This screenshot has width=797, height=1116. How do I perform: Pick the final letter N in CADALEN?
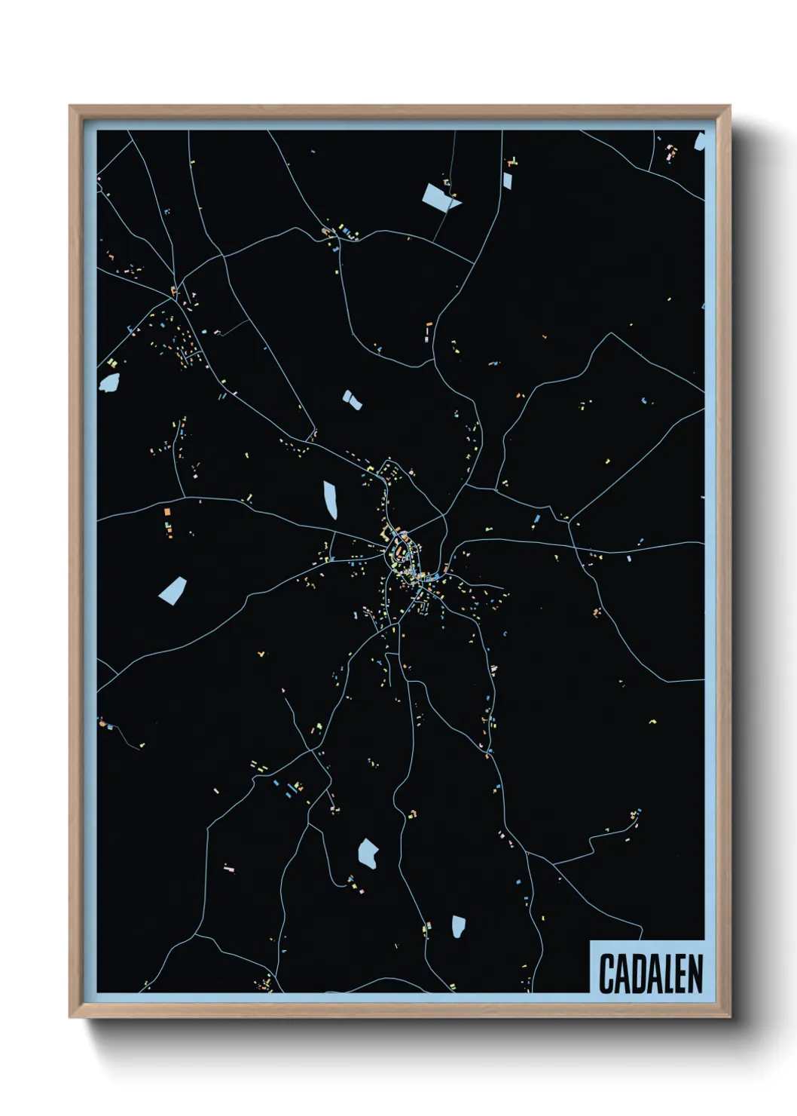(694, 973)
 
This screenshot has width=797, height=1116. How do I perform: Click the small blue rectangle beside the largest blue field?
(507, 179)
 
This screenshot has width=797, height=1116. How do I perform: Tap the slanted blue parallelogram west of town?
(173, 590)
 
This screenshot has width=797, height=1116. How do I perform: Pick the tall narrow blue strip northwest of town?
(330, 499)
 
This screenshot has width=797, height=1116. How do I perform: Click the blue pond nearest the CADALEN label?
(458, 926)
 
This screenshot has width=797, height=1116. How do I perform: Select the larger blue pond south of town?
(368, 852)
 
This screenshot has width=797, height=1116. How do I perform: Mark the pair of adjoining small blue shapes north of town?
(352, 400)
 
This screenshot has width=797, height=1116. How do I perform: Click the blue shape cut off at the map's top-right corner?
(699, 141)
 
